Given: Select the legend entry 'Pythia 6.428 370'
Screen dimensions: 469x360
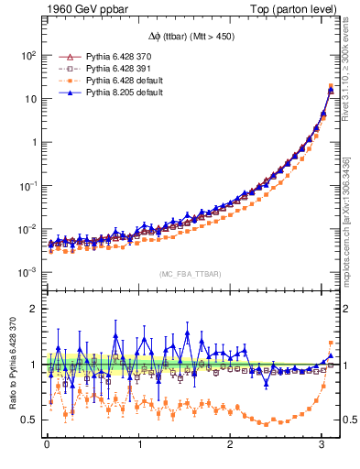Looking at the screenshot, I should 110,57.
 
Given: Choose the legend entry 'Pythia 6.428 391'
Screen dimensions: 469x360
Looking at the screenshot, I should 110,69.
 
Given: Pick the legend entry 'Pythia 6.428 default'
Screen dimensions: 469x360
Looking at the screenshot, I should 117,81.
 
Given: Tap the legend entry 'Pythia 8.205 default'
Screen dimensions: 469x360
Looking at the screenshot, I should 117,93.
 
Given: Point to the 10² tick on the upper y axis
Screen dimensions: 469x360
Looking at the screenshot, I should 27,55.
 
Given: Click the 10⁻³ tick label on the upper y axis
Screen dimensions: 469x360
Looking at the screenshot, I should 27,273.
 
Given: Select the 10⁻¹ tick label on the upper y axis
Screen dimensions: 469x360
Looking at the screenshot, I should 27,186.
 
